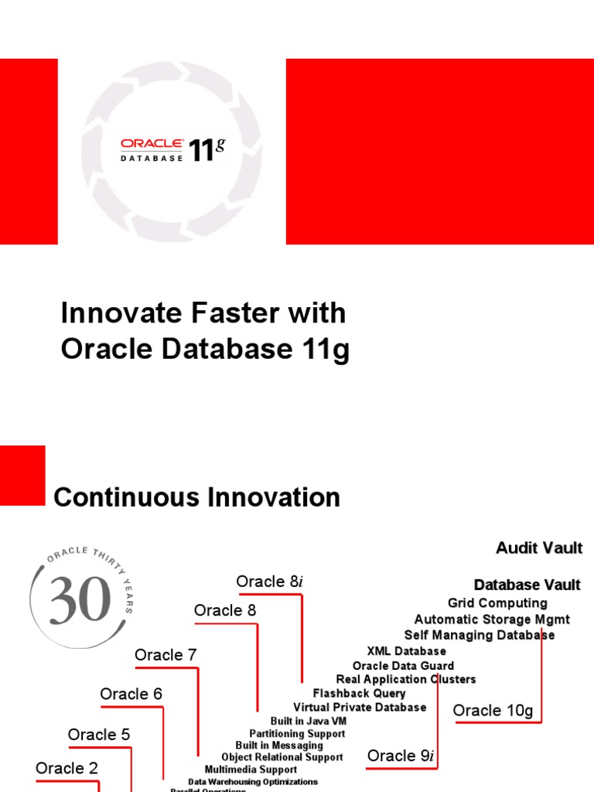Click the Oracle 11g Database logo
click(x=172, y=150)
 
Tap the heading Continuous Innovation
click(x=196, y=497)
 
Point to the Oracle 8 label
click(x=224, y=611)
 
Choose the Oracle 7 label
click(x=166, y=655)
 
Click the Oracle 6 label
click(x=131, y=694)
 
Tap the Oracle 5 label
click(x=99, y=735)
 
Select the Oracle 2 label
click(x=67, y=768)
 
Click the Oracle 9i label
click(x=401, y=756)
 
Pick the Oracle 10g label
click(x=493, y=710)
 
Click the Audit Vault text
click(x=538, y=548)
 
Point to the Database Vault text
click(x=527, y=585)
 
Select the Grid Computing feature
click(x=497, y=603)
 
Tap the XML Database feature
click(x=406, y=651)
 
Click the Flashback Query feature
click(x=359, y=693)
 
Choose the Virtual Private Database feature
click(x=360, y=707)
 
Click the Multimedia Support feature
click(x=251, y=770)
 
